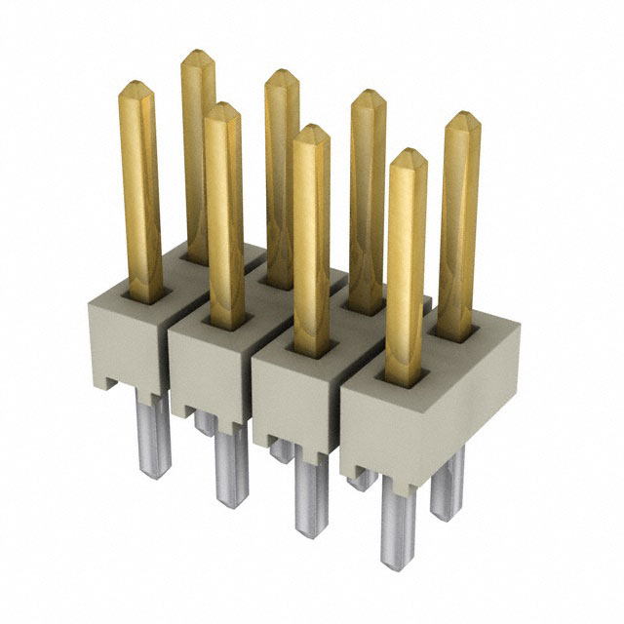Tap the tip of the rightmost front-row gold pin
point(408,155)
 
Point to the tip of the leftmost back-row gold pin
point(198,54)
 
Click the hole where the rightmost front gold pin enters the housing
point(407,375)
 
